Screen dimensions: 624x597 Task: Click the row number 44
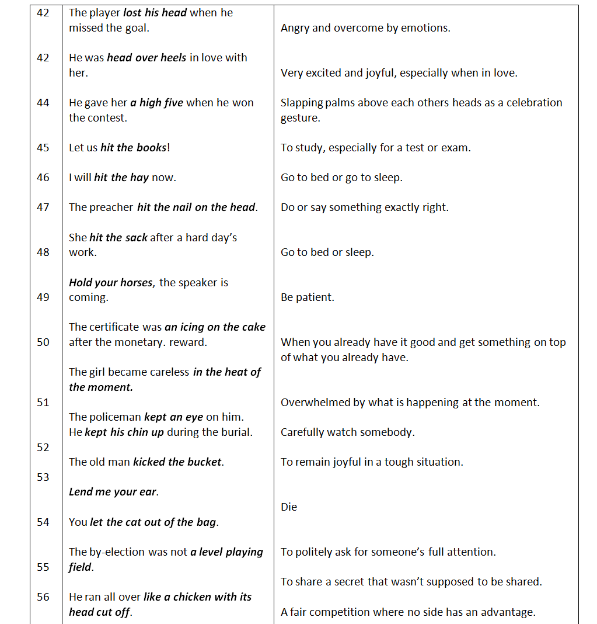pyautogui.click(x=43, y=103)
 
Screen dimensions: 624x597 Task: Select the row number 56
pyautogui.click(x=43, y=597)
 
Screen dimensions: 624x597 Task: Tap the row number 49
pyautogui.click(x=43, y=297)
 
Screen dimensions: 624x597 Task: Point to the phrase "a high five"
pyautogui.click(x=156, y=103)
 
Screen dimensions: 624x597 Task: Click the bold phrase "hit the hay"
pyautogui.click(x=121, y=178)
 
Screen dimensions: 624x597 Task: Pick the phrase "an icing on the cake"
pyautogui.click(x=215, y=327)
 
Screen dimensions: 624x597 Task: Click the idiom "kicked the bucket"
pyautogui.click(x=177, y=462)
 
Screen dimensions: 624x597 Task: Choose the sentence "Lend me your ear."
pyautogui.click(x=114, y=492)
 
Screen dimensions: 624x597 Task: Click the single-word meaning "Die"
pyautogui.click(x=289, y=507)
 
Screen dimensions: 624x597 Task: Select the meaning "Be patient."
pyautogui.click(x=308, y=297)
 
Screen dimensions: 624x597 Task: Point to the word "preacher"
pyautogui.click(x=111, y=207)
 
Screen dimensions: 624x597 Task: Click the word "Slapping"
pyautogui.click(x=301, y=103)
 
